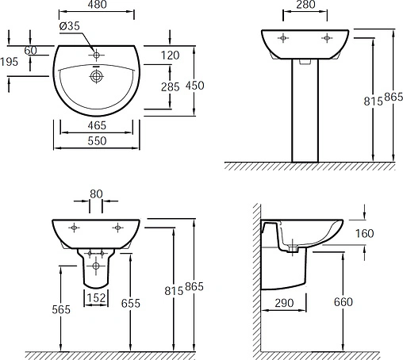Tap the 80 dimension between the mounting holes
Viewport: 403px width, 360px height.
pyautogui.click(x=96, y=194)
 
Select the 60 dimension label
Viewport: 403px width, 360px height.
pyautogui.click(x=31, y=51)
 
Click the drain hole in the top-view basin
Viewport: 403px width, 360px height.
pyautogui.click(x=96, y=77)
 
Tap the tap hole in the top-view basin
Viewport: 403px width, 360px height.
pyautogui.click(x=96, y=55)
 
